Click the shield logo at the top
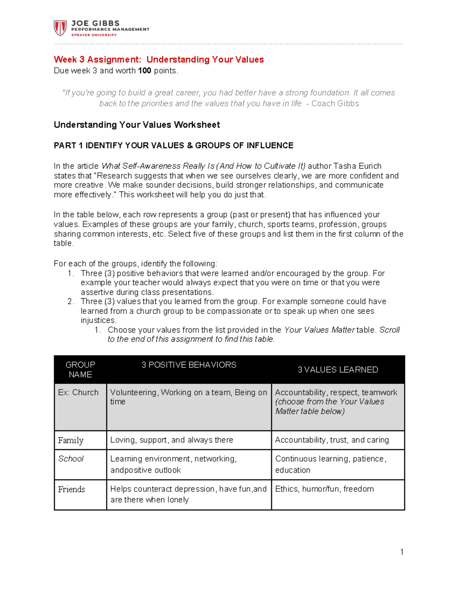tap(60, 28)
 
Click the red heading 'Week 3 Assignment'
tap(97, 60)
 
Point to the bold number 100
tap(145, 71)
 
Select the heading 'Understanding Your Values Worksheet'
tap(137, 125)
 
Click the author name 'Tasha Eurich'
tap(357, 166)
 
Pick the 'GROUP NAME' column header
tap(80, 370)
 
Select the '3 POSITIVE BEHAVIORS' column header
tap(189, 365)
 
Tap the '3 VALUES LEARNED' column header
tap(338, 370)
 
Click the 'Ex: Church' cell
tap(78, 393)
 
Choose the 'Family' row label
tap(71, 440)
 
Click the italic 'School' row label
tap(71, 459)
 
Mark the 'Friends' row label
tap(71, 489)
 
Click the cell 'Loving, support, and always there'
tap(171, 440)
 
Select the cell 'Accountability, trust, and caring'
tap(332, 440)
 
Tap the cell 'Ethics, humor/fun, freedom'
tap(324, 489)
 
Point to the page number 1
tap(402, 552)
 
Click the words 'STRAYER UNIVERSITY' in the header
tap(94, 35)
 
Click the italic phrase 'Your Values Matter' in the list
tap(319, 330)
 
